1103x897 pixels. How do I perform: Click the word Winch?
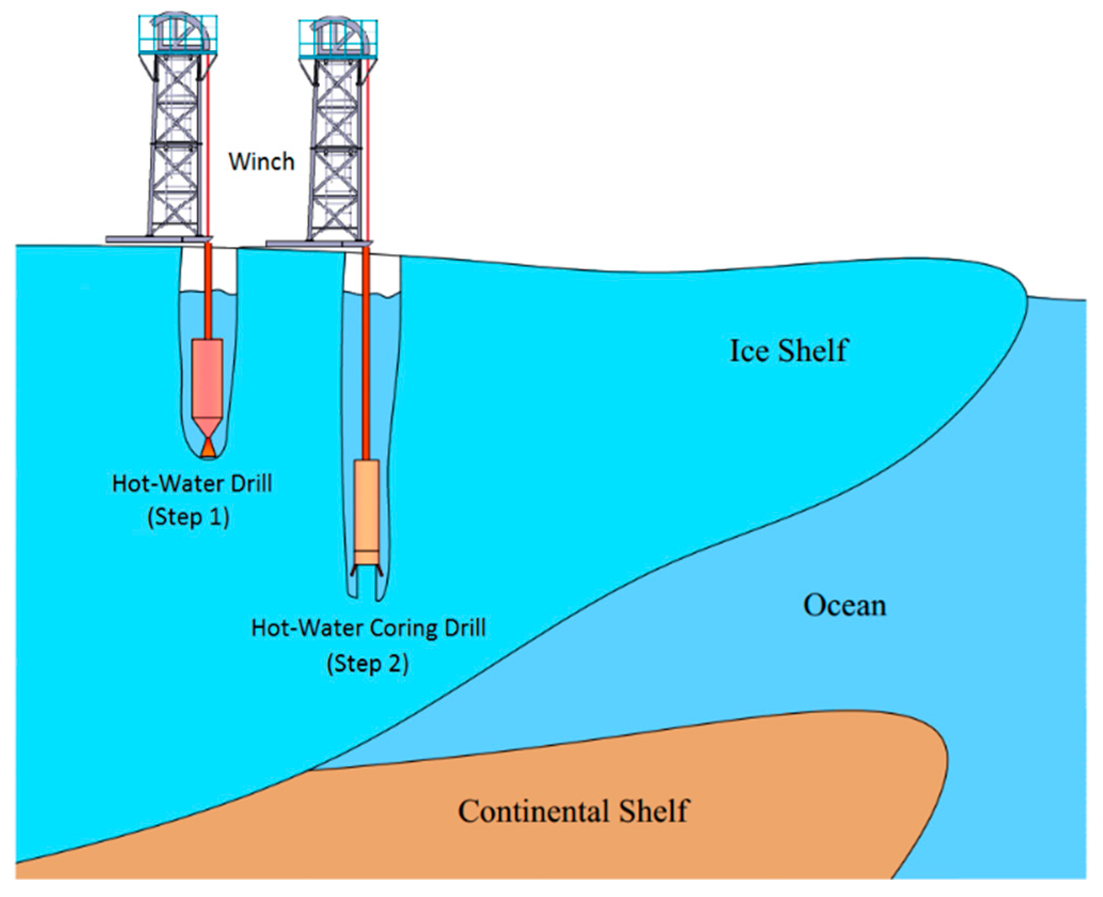point(261,161)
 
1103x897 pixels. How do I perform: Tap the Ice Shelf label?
point(789,351)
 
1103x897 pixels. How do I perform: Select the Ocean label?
point(845,605)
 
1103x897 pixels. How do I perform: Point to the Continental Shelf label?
point(573,811)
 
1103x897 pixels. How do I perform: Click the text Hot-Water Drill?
point(192,483)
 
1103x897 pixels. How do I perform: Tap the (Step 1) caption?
point(188,517)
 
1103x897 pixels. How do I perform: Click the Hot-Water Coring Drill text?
point(368,628)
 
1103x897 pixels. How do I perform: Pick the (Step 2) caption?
point(367,664)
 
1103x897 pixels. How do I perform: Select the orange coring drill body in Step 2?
point(367,505)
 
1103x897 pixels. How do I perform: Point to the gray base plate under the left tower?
point(159,239)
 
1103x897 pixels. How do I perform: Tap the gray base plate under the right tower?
point(319,244)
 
